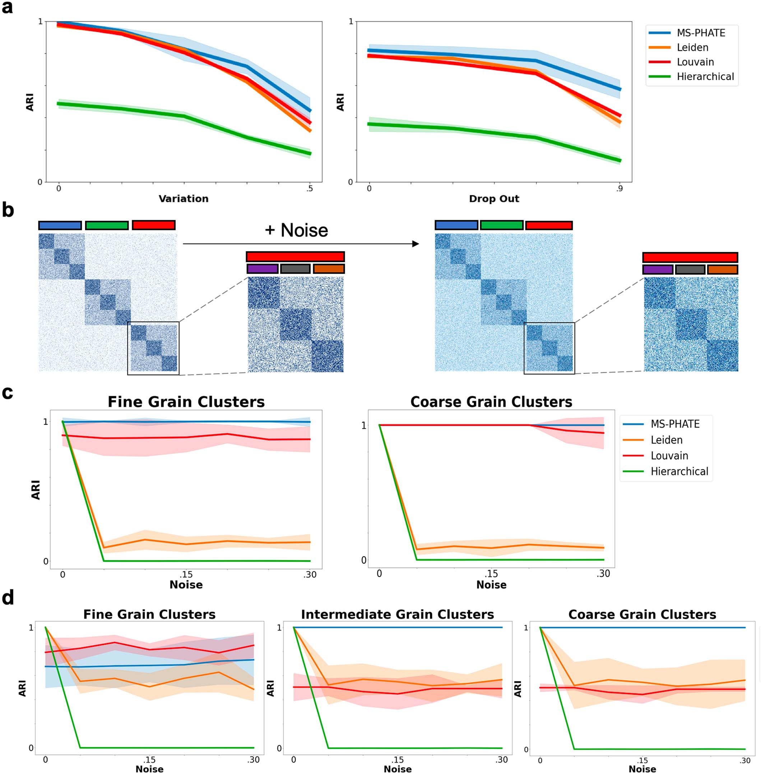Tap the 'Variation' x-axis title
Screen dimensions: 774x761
click(184, 199)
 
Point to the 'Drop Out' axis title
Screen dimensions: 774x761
click(494, 199)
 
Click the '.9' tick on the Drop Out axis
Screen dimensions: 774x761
click(619, 188)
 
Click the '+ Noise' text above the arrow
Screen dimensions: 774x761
click(296, 230)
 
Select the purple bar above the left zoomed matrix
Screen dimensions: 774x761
click(263, 269)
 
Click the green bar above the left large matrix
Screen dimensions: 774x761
click(107, 225)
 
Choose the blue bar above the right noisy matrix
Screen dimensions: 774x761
click(456, 225)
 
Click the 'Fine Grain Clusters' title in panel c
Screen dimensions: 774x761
click(186, 402)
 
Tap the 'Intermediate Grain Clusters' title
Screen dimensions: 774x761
click(397, 614)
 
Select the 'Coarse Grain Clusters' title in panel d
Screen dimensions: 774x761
click(642, 614)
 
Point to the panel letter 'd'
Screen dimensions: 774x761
click(8, 598)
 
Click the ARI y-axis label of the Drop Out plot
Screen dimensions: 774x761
click(340, 102)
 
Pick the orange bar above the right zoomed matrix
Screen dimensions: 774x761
click(722, 269)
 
